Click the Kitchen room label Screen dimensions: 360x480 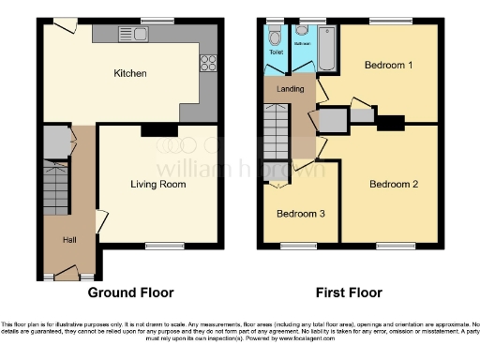[x=128, y=72]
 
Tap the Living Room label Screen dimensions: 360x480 [x=157, y=185]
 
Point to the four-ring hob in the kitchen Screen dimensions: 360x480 [x=208, y=65]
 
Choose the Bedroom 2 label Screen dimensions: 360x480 [x=393, y=185]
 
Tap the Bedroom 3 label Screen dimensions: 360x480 [x=300, y=214]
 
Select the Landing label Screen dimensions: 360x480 [x=289, y=90]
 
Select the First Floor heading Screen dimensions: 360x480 [x=348, y=292]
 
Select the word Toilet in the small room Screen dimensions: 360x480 [x=275, y=53]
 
